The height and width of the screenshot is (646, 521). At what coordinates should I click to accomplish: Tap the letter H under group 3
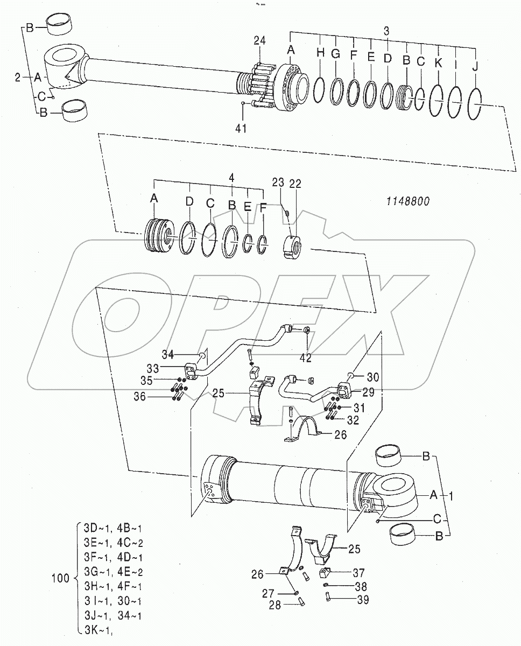coord(320,53)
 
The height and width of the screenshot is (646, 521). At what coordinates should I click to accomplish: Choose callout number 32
coord(352,420)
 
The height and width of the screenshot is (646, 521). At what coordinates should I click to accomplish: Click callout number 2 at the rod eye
coord(18,78)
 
